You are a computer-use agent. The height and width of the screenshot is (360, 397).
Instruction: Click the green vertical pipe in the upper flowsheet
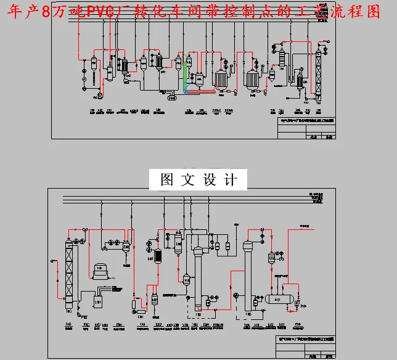point(184,77)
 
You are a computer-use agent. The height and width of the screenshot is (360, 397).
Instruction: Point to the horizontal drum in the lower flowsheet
point(278,300)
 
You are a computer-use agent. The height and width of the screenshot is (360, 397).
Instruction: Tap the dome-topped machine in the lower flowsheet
point(99,271)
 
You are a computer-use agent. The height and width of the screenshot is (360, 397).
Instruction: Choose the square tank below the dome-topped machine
point(97,301)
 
